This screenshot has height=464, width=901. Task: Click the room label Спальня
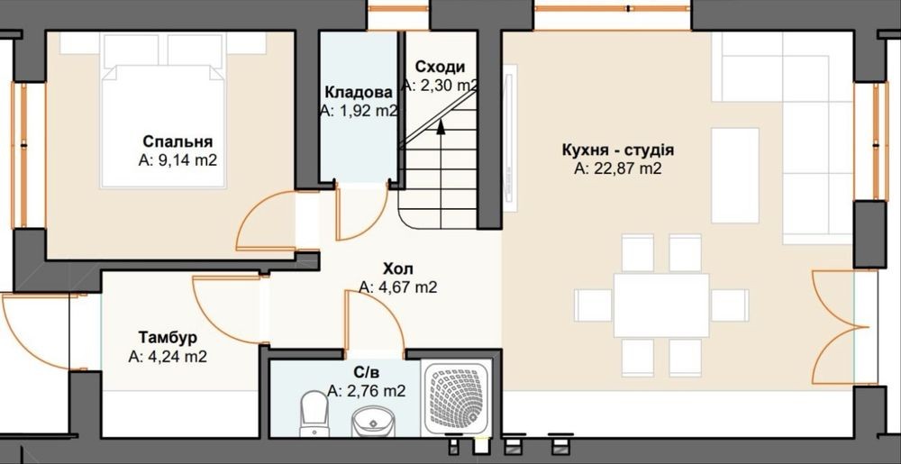click(x=177, y=141)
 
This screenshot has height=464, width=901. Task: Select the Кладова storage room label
click(x=359, y=93)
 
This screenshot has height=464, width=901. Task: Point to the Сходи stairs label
click(x=440, y=68)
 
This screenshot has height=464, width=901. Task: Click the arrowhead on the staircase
click(x=441, y=126)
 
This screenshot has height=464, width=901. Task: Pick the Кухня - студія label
click(x=618, y=150)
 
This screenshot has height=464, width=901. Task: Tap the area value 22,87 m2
click(x=618, y=168)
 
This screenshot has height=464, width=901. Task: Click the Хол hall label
click(x=397, y=268)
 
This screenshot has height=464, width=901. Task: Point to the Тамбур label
click(x=168, y=337)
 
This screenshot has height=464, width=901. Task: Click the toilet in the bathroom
click(x=314, y=414)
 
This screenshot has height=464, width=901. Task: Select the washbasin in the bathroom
click(x=373, y=422)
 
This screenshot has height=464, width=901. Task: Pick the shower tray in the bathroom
click(x=458, y=398)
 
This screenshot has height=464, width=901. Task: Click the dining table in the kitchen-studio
click(x=660, y=305)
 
